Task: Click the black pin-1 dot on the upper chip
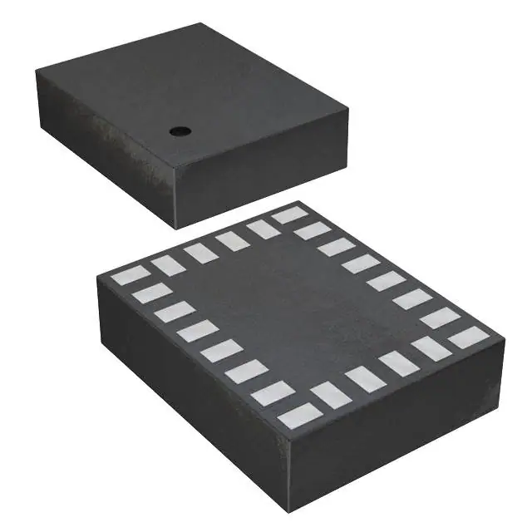(178, 131)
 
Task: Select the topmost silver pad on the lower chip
(289, 214)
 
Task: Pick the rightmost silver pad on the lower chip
(469, 337)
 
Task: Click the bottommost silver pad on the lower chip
(299, 415)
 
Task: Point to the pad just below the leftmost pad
(152, 293)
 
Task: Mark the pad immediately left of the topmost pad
(263, 229)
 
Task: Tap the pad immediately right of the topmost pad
(313, 230)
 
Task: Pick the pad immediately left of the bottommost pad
(273, 393)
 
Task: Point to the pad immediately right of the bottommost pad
(332, 395)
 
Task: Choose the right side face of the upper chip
(262, 166)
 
